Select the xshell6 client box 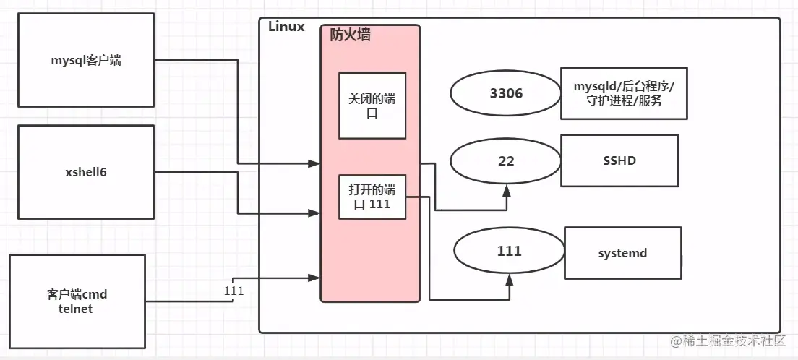pos(85,172)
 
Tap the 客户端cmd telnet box pos(76,302)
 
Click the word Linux pos(286,27)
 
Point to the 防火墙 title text pos(351,34)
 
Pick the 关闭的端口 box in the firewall pos(372,106)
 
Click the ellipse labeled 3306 pos(506,93)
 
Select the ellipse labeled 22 pos(506,161)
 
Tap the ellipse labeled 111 pos(509,252)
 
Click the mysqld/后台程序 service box pos(624,93)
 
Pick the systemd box pos(622,253)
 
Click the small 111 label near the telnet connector pos(234,291)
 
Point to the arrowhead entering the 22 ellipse pos(507,190)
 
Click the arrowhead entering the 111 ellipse pos(510,280)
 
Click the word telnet pos(76,309)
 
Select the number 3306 pos(506,93)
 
